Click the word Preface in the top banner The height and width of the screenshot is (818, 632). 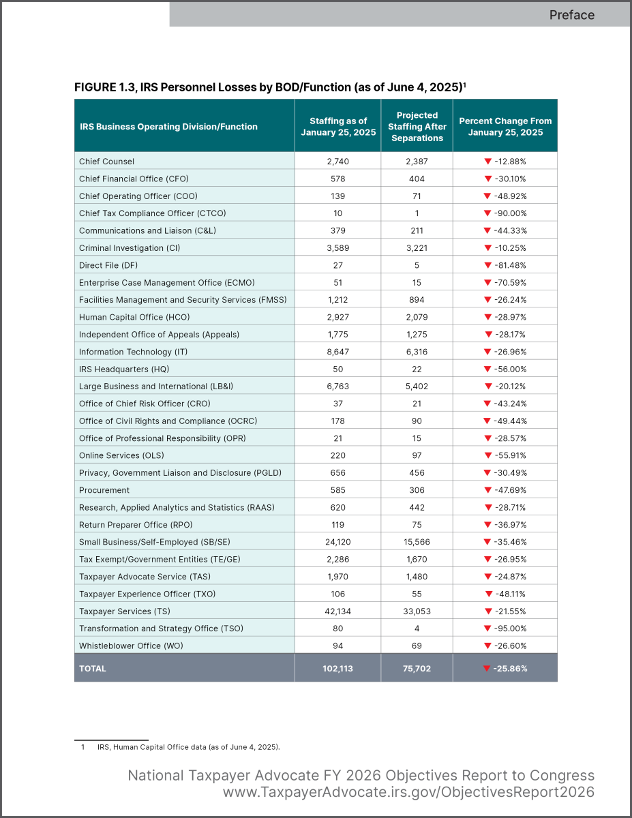click(571, 14)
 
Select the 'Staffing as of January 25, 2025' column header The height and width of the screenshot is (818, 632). click(338, 127)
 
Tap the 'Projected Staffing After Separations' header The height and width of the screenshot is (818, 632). click(417, 127)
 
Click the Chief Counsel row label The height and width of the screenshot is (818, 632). click(106, 162)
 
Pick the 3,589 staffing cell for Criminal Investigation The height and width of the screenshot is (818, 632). click(338, 248)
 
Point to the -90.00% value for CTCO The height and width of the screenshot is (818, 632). click(509, 213)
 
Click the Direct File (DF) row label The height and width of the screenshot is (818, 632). click(108, 265)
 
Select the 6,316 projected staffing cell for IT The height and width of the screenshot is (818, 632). click(417, 352)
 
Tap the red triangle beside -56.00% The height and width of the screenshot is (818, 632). click(487, 369)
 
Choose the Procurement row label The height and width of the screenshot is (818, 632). click(104, 490)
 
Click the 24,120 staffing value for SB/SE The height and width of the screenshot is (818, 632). click(338, 542)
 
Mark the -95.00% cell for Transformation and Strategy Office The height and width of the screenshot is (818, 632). click(509, 628)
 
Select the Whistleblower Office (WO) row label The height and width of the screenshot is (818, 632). click(131, 646)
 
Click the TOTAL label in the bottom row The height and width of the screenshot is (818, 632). click(93, 669)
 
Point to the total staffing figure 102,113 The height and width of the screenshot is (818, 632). click(338, 669)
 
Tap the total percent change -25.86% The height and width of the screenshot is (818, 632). click(509, 669)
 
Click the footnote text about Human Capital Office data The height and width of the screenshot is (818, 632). click(188, 747)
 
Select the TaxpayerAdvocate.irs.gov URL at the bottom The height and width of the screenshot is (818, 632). click(408, 792)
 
